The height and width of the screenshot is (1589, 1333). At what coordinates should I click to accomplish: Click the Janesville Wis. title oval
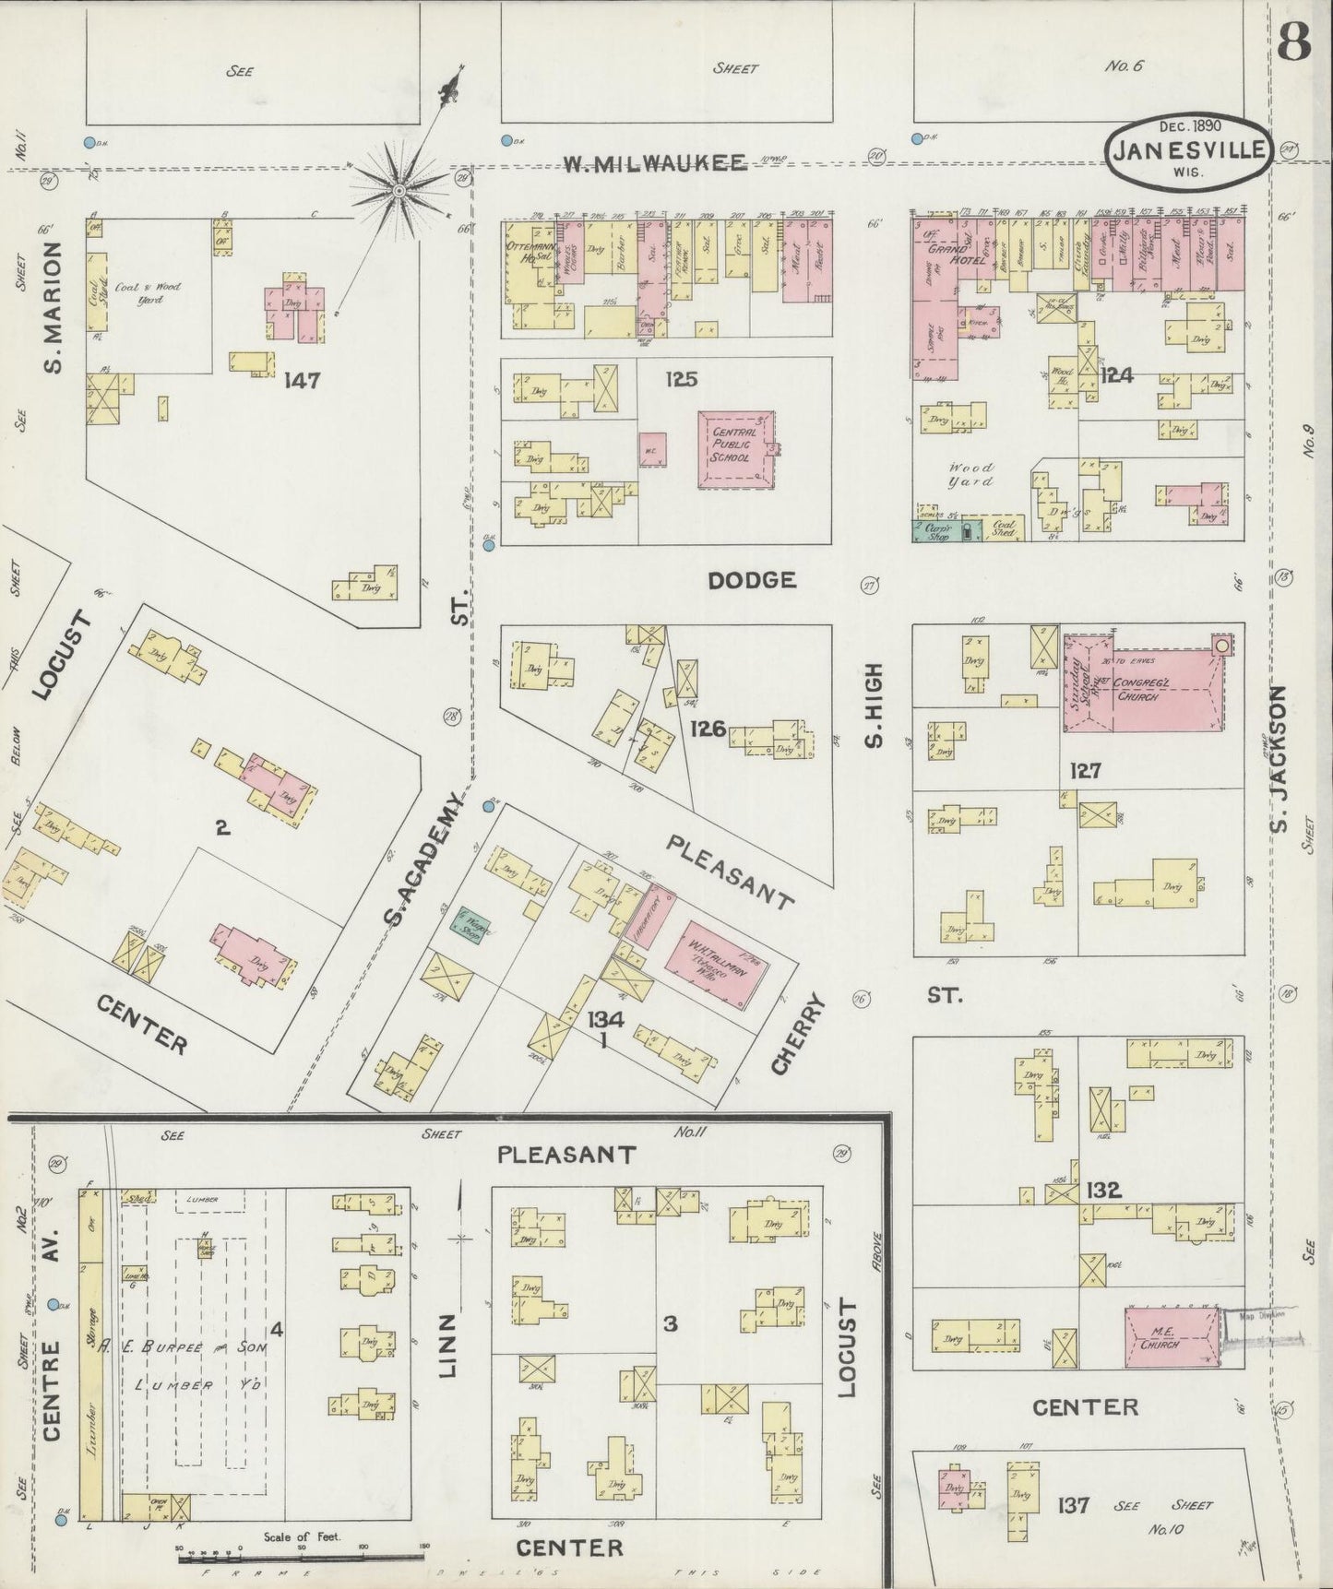click(1188, 152)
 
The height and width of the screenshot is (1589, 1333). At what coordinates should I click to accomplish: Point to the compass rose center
click(399, 191)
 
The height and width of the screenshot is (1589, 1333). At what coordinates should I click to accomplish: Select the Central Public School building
click(735, 449)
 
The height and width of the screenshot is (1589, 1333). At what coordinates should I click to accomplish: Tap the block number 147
click(302, 380)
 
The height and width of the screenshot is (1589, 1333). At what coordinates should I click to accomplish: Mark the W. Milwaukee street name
click(655, 164)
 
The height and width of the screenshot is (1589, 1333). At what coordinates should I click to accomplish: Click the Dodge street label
click(752, 580)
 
